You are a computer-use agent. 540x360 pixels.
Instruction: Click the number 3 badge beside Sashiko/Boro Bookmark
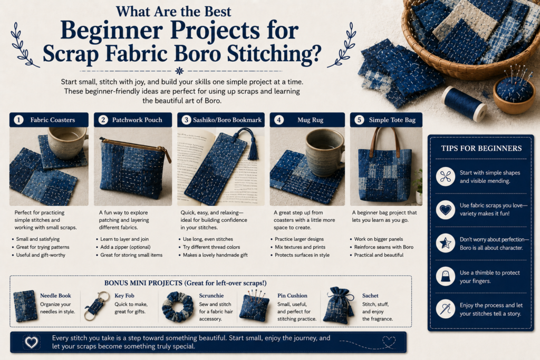(186, 120)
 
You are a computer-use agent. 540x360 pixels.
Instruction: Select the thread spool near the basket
(464, 104)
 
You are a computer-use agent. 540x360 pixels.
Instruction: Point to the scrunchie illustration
(178, 307)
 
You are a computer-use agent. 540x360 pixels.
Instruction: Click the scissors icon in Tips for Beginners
(445, 177)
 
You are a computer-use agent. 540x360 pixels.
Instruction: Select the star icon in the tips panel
(445, 243)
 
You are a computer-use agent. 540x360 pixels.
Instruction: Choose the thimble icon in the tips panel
(445, 276)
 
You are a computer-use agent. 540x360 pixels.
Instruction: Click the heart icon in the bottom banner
(31, 342)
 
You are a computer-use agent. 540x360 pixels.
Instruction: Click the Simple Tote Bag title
(392, 120)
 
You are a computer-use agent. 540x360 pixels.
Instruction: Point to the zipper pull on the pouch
(168, 155)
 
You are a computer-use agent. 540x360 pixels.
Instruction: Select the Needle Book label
(55, 295)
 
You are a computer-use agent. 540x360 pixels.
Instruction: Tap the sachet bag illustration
(339, 305)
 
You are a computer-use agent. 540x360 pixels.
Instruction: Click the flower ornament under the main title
(179, 71)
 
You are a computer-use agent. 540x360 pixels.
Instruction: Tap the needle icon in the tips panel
(445, 309)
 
